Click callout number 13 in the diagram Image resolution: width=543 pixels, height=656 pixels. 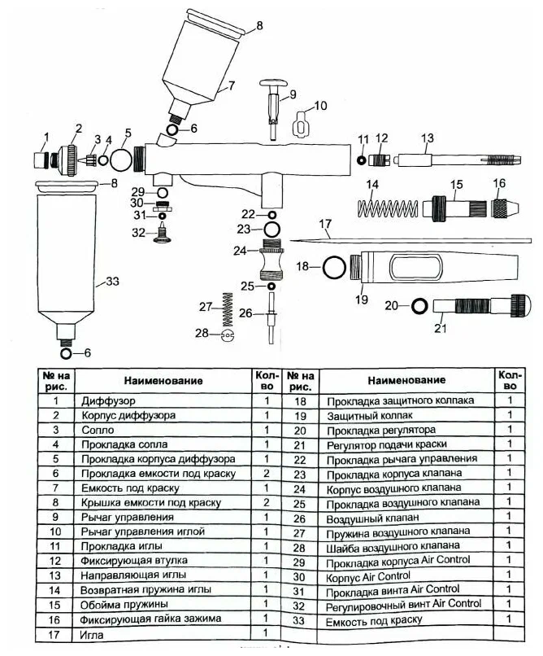(428, 138)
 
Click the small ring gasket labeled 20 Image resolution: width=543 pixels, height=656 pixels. (419, 306)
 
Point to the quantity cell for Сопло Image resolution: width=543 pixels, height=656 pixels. (266, 430)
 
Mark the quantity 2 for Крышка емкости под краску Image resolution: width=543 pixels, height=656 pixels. (266, 502)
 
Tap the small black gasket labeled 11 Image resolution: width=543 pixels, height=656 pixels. (360, 160)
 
